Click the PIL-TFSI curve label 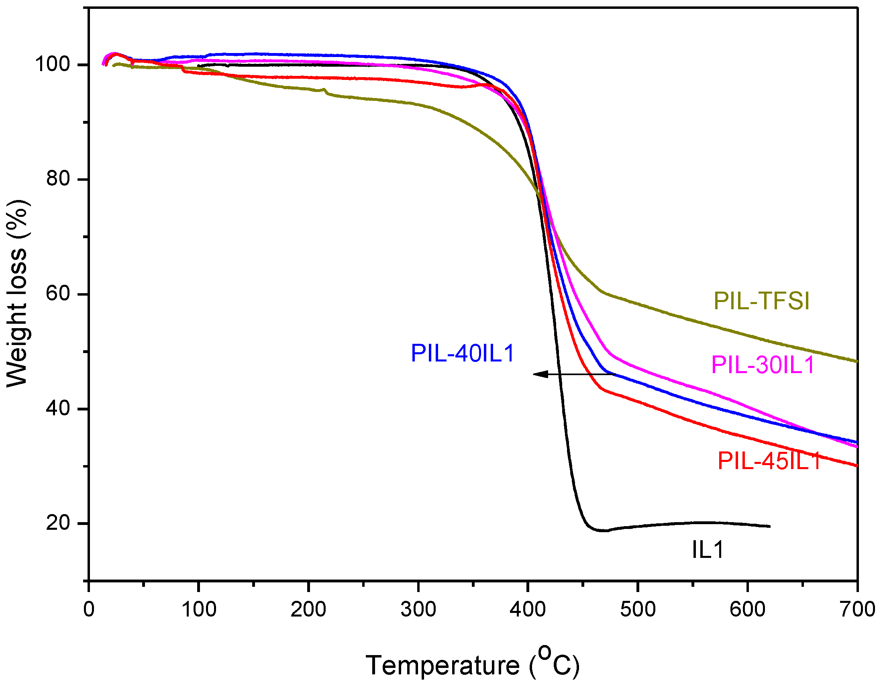point(761,301)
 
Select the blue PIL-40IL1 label point(463,353)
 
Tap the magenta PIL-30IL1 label point(763,365)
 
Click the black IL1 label point(708,549)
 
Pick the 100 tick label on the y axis point(53,64)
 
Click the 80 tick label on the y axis point(58,179)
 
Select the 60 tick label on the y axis point(58,294)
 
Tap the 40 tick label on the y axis point(58,408)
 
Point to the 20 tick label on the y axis point(58,523)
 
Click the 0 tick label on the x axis point(89,609)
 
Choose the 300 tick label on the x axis point(418,609)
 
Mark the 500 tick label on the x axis point(638,609)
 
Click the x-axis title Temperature point(443,665)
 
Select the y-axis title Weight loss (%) point(17,294)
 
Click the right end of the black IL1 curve point(769,526)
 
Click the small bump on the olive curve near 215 point(324,90)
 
